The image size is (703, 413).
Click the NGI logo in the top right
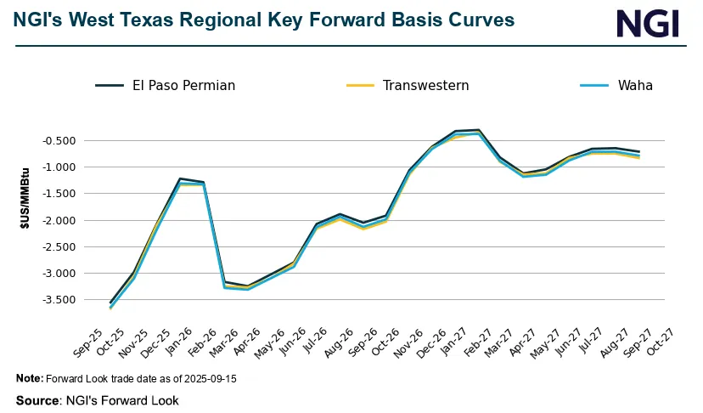(648, 23)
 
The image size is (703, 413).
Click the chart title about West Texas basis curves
(264, 20)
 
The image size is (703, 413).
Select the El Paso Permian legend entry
(165, 85)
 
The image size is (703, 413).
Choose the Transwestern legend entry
(408, 85)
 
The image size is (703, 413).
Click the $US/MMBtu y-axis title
(25, 219)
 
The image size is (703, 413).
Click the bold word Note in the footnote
(28, 378)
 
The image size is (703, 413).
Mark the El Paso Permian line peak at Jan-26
(180, 178)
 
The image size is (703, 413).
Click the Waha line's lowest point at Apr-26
(247, 290)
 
